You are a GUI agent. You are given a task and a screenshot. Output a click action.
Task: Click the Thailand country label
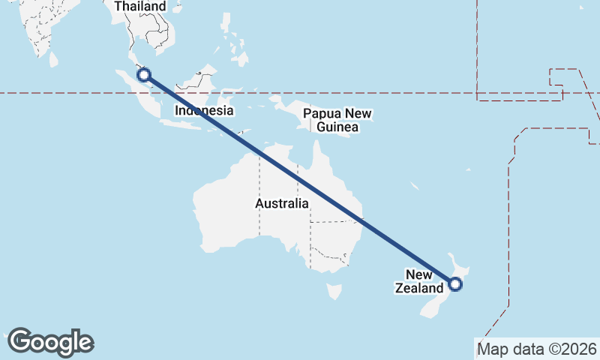point(139,7)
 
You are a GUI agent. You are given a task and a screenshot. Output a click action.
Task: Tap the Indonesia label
point(204,110)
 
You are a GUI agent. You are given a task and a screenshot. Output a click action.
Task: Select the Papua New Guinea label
point(337,121)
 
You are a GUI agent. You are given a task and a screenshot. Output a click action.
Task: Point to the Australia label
point(281,203)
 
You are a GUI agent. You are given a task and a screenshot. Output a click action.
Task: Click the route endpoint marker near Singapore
point(145,74)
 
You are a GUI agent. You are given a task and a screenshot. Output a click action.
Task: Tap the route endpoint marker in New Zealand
point(454,283)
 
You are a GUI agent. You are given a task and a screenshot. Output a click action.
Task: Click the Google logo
point(51,342)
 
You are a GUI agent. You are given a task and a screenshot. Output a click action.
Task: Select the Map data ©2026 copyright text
point(536,349)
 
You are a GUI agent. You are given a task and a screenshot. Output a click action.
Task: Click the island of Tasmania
point(334,289)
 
